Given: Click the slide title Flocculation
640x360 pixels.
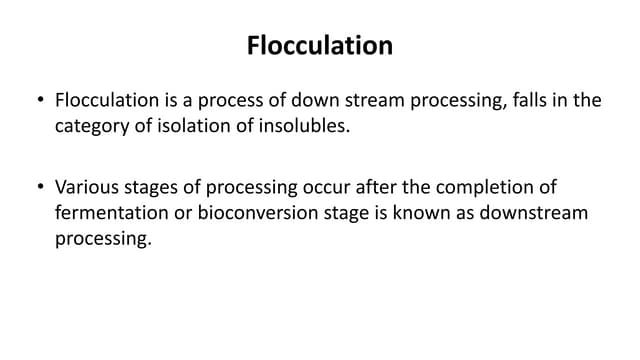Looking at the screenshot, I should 320,46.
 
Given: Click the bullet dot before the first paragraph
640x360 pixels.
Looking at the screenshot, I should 39,101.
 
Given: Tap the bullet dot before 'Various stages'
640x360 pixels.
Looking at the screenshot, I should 39,187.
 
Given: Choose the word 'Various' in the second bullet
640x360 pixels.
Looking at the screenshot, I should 86,187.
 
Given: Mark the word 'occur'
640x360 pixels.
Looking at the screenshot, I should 309,187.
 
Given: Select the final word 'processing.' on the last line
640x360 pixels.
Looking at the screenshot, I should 102,239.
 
